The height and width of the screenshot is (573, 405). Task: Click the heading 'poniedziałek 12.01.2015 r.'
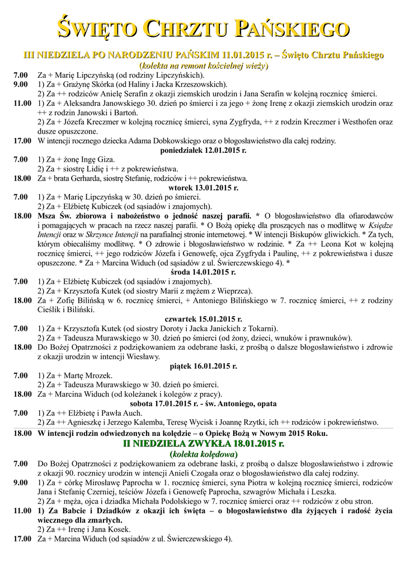coord(202,151)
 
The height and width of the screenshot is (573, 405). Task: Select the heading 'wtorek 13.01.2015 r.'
coord(202,187)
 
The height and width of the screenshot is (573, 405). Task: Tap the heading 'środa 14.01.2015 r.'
coord(202,272)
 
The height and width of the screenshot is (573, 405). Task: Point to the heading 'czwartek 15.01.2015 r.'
coord(202,318)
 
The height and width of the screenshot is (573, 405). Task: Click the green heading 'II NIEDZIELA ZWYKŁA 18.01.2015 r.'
coord(203,444)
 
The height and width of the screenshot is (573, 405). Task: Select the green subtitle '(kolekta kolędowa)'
coord(203,454)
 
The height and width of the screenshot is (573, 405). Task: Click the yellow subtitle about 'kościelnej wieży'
coord(203,65)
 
